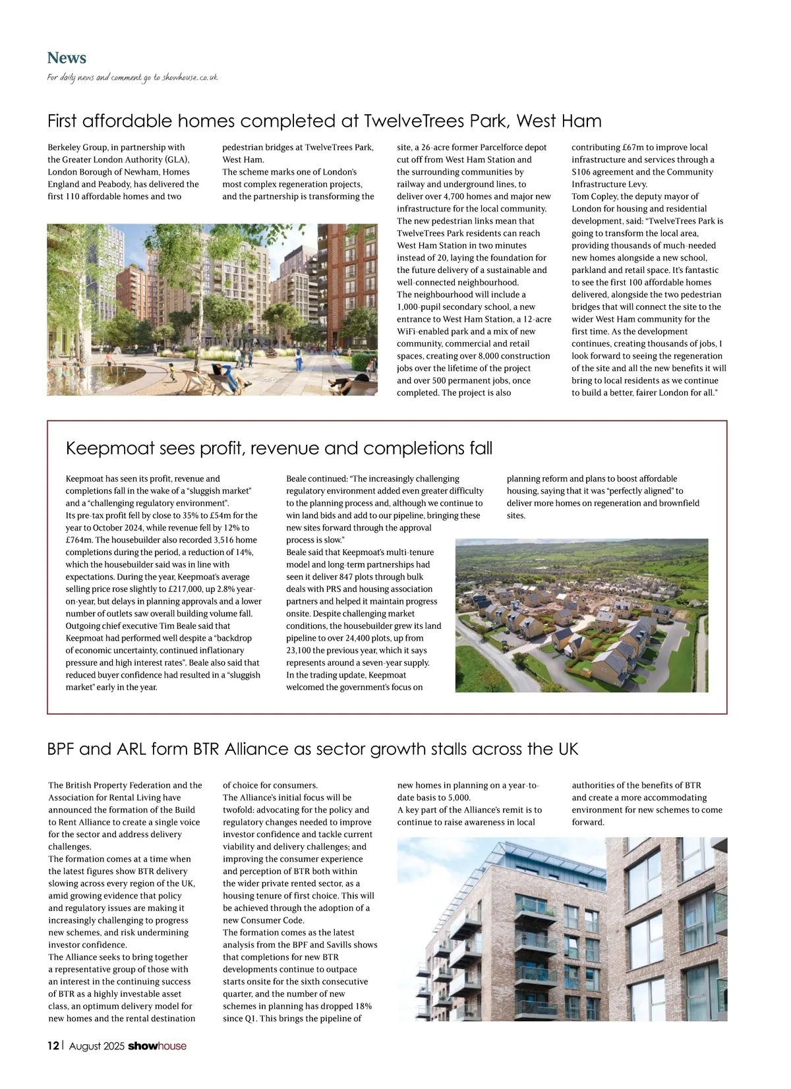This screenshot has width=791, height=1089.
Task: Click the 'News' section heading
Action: coord(67,58)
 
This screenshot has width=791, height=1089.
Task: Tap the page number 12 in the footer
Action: coord(53,1045)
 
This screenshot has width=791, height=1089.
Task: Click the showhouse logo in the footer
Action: coord(157,1045)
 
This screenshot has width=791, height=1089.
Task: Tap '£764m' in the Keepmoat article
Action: coord(79,540)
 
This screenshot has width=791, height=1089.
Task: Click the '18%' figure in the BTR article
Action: coord(363,1006)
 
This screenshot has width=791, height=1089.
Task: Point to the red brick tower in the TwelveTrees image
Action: coord(353,277)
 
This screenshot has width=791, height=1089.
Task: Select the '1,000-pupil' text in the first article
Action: coord(421,307)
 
